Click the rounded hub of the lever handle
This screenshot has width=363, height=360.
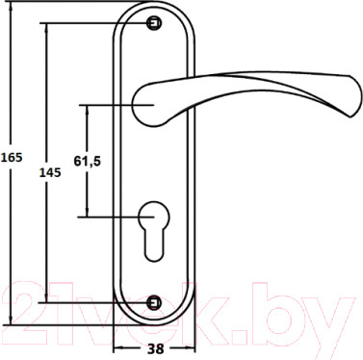pyautogui.click(x=145, y=98)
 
